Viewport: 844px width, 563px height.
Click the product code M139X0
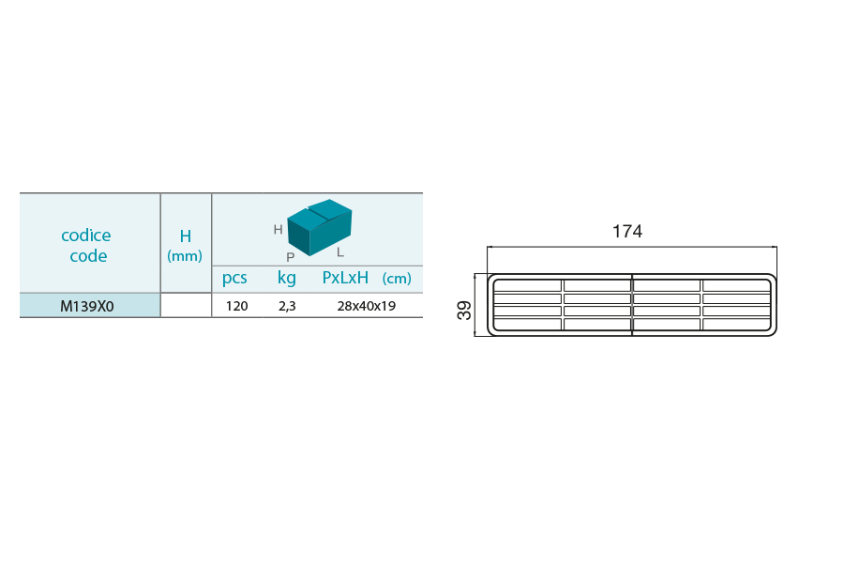point(86,306)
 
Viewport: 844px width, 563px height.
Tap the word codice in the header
point(86,235)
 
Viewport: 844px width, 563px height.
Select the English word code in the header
point(88,255)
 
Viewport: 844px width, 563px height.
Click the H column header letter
point(185,236)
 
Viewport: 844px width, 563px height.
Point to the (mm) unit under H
point(185,255)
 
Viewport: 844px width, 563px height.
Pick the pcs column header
point(234,278)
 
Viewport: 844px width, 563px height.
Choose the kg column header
point(286,278)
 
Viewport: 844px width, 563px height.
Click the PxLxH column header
point(345,278)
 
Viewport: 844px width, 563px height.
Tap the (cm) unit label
point(397,279)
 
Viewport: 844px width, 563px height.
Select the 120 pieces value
point(237,306)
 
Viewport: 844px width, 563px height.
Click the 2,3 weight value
point(287,307)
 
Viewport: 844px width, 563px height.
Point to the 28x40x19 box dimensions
point(366,306)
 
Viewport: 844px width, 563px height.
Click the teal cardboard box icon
point(319,227)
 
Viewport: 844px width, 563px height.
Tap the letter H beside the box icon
point(278,230)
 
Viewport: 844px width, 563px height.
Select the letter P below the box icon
point(291,257)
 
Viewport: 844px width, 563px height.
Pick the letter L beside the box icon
point(340,252)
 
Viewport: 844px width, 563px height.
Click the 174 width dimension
point(627,231)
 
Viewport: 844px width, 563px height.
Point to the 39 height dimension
point(464,311)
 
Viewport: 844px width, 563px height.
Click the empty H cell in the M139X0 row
point(186,306)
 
